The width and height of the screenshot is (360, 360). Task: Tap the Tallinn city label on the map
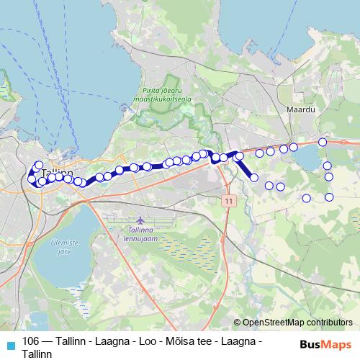click(x=57, y=174)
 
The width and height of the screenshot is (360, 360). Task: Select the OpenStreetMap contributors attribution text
click(x=297, y=323)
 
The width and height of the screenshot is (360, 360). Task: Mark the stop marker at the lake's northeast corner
click(x=323, y=143)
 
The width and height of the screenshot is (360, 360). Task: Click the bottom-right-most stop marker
click(x=330, y=197)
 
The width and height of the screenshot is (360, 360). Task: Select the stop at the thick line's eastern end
click(x=253, y=177)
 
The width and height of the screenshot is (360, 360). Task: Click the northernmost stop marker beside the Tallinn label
click(x=39, y=164)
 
